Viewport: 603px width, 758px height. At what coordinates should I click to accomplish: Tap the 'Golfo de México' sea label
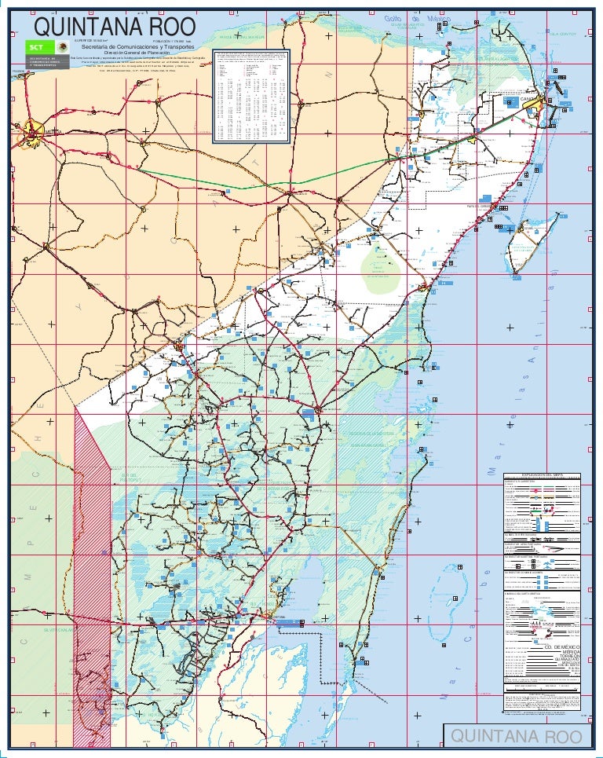click(x=412, y=18)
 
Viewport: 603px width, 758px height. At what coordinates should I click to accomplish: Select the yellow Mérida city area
click(x=35, y=126)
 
